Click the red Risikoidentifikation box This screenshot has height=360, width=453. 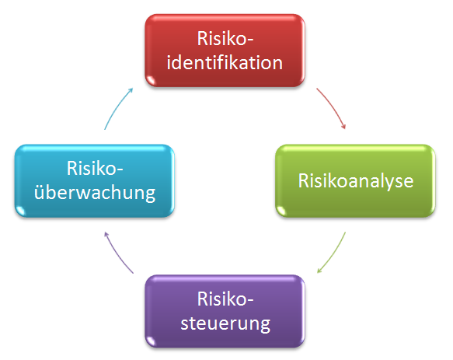point(225,51)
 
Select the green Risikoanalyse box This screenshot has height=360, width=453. point(355,180)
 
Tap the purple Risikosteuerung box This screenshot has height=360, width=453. point(225,311)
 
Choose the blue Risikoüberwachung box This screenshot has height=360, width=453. point(95,180)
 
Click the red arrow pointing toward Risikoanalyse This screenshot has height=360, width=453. point(333,107)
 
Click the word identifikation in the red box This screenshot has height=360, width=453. point(225,62)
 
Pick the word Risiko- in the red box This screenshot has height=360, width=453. point(225,38)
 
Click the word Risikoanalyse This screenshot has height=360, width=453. point(356,181)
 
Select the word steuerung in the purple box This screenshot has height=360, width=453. point(225,324)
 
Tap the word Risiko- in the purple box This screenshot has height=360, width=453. point(225,299)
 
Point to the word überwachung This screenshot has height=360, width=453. point(95,193)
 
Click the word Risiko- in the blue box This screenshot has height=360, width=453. point(95,168)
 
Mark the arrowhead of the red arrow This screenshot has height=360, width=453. point(343,127)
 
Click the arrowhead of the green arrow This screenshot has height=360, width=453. point(319,271)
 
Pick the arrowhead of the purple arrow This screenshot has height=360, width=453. point(106,234)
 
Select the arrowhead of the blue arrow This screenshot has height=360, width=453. point(131,90)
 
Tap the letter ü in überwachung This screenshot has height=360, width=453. point(40,192)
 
